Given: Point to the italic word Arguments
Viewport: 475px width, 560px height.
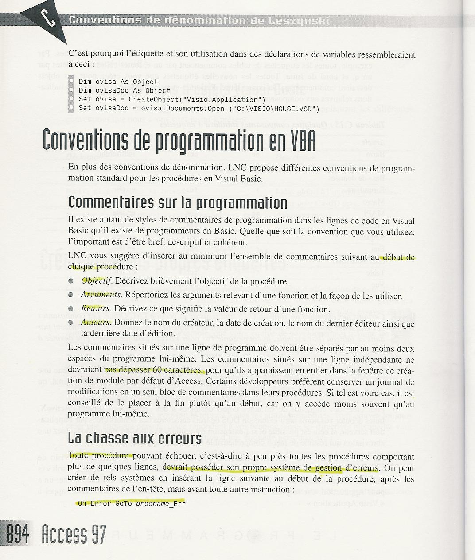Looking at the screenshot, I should coord(101,295).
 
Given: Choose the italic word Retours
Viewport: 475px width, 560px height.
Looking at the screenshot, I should coord(95,309).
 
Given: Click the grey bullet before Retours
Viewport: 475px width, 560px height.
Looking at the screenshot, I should coord(71,309).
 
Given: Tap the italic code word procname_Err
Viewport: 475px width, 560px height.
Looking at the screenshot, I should coord(160,503).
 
